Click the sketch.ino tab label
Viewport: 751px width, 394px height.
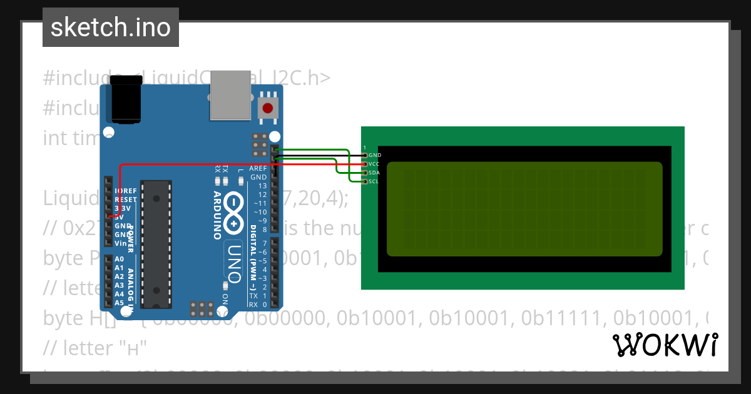click(111, 28)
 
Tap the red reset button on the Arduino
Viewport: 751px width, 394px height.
click(268, 108)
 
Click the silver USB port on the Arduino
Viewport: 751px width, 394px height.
click(230, 95)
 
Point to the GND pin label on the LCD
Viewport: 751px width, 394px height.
click(375, 155)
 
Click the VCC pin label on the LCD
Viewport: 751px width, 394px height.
click(374, 164)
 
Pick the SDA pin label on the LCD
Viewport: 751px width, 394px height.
click(374, 173)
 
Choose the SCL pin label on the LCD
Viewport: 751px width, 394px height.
click(374, 181)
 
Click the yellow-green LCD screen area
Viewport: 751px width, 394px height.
click(524, 209)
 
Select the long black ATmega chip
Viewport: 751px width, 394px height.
click(156, 244)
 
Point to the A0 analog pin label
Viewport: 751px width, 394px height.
click(119, 259)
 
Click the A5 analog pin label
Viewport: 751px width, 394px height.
click(119, 303)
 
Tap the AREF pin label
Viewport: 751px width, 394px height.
click(258, 169)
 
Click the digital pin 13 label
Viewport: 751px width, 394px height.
click(262, 186)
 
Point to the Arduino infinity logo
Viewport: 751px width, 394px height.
click(233, 213)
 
